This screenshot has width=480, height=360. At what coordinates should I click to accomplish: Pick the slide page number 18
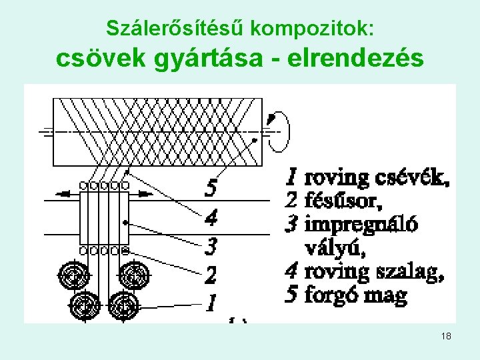coord(446,337)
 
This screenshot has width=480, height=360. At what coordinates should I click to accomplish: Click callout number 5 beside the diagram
coord(211,189)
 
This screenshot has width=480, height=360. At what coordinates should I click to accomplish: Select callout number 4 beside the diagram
coord(211,217)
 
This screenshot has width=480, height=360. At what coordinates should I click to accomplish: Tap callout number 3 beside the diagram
coord(211,247)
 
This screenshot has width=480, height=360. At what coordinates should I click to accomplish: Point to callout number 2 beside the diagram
coord(211,275)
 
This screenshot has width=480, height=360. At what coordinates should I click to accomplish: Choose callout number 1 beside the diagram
coord(211,303)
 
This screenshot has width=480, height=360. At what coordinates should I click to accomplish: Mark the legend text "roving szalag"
coord(373,271)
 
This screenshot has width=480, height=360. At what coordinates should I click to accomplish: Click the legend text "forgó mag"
coord(355,295)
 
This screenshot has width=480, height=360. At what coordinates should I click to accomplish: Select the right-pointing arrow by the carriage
coord(145,193)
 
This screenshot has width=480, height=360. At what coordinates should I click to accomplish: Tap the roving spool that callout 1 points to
coord(123,306)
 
